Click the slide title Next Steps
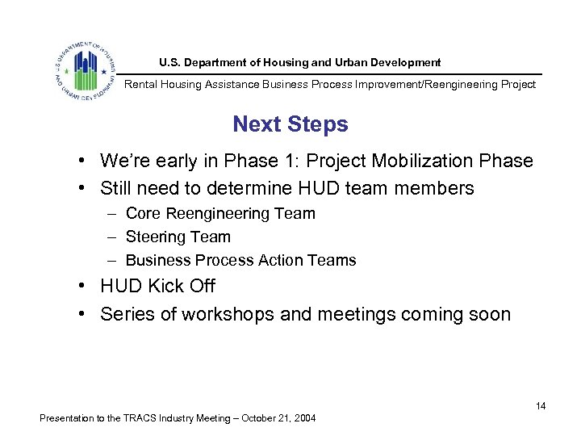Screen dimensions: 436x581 pyautogui.click(x=290, y=124)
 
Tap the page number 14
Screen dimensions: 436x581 pyautogui.click(x=541, y=406)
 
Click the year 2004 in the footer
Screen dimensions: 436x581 pyautogui.click(x=304, y=418)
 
